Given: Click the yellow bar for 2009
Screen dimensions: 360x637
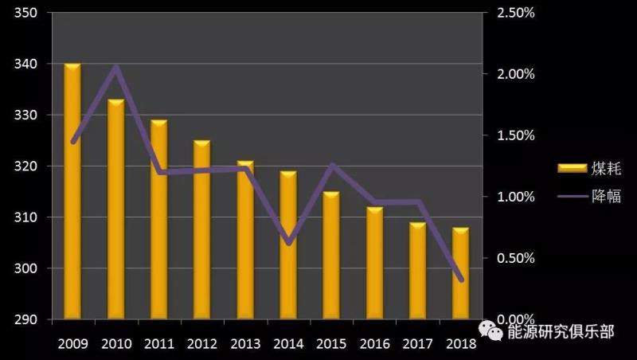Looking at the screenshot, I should click(x=72, y=191).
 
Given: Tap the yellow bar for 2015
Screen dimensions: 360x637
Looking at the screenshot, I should click(x=330, y=255).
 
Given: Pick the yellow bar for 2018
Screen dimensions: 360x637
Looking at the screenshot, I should click(x=460, y=273).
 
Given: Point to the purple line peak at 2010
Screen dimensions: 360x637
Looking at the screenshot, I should click(x=116, y=67).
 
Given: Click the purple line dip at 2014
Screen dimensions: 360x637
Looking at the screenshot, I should click(x=288, y=243).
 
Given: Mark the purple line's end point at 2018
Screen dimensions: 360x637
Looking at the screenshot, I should click(x=461, y=280).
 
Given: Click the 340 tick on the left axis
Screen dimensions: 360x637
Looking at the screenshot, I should click(x=27, y=64).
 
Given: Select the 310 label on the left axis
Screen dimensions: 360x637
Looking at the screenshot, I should click(x=27, y=217).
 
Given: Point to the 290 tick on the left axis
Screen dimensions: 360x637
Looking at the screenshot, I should click(x=27, y=319).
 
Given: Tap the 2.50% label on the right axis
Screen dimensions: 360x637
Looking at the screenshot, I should click(x=516, y=13).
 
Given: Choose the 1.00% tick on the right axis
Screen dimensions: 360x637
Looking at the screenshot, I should click(x=516, y=197).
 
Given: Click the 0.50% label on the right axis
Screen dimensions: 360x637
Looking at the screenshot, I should click(x=516, y=258).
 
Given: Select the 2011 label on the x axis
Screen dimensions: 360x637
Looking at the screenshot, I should click(x=159, y=344).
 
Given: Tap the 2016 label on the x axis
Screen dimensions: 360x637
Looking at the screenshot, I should click(x=374, y=344).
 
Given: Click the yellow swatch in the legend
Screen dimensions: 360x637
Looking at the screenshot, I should click(x=571, y=168).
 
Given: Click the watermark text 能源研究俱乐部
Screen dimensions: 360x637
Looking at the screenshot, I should click(x=561, y=331).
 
